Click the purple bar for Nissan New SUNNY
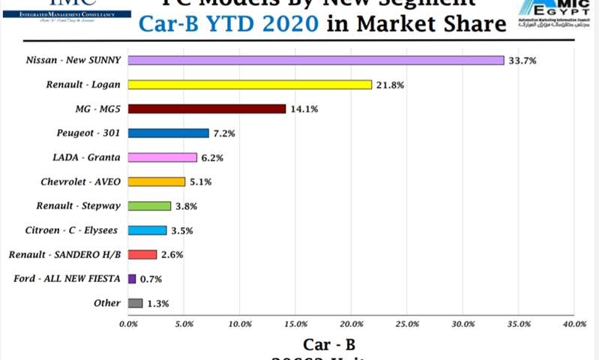[x=316, y=60]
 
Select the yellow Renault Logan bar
[x=250, y=85]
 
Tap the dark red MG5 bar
[x=207, y=109]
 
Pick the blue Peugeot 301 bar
[x=168, y=133]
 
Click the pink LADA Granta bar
[x=162, y=157]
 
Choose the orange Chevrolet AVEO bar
[x=156, y=181]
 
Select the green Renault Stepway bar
[x=149, y=205]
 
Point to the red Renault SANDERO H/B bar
[x=142, y=254]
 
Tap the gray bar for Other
[x=135, y=303]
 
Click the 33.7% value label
[x=522, y=61]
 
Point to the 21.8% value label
[x=390, y=85]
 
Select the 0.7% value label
[x=152, y=279]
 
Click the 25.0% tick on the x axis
[x=406, y=324]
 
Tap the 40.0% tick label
[x=574, y=324]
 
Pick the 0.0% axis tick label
[x=128, y=324]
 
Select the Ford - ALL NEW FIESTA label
[x=67, y=279]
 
